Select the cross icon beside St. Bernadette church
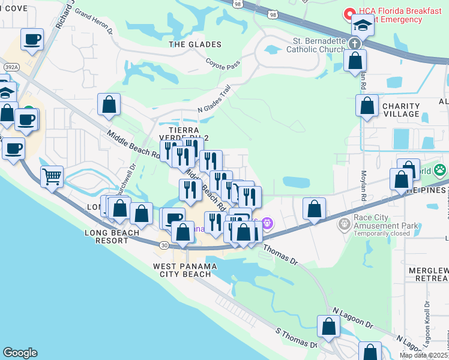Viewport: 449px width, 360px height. (x=355, y=43)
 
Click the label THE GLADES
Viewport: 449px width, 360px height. (x=195, y=44)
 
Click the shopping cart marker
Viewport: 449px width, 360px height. (x=52, y=176)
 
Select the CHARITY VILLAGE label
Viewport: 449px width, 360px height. (x=400, y=110)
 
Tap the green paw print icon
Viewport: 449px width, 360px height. (x=441, y=170)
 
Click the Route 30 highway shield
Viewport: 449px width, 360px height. (x=164, y=244)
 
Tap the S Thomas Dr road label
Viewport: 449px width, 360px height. (x=296, y=337)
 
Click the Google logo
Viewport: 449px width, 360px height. (x=20, y=353)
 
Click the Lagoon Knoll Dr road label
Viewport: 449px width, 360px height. (x=427, y=321)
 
